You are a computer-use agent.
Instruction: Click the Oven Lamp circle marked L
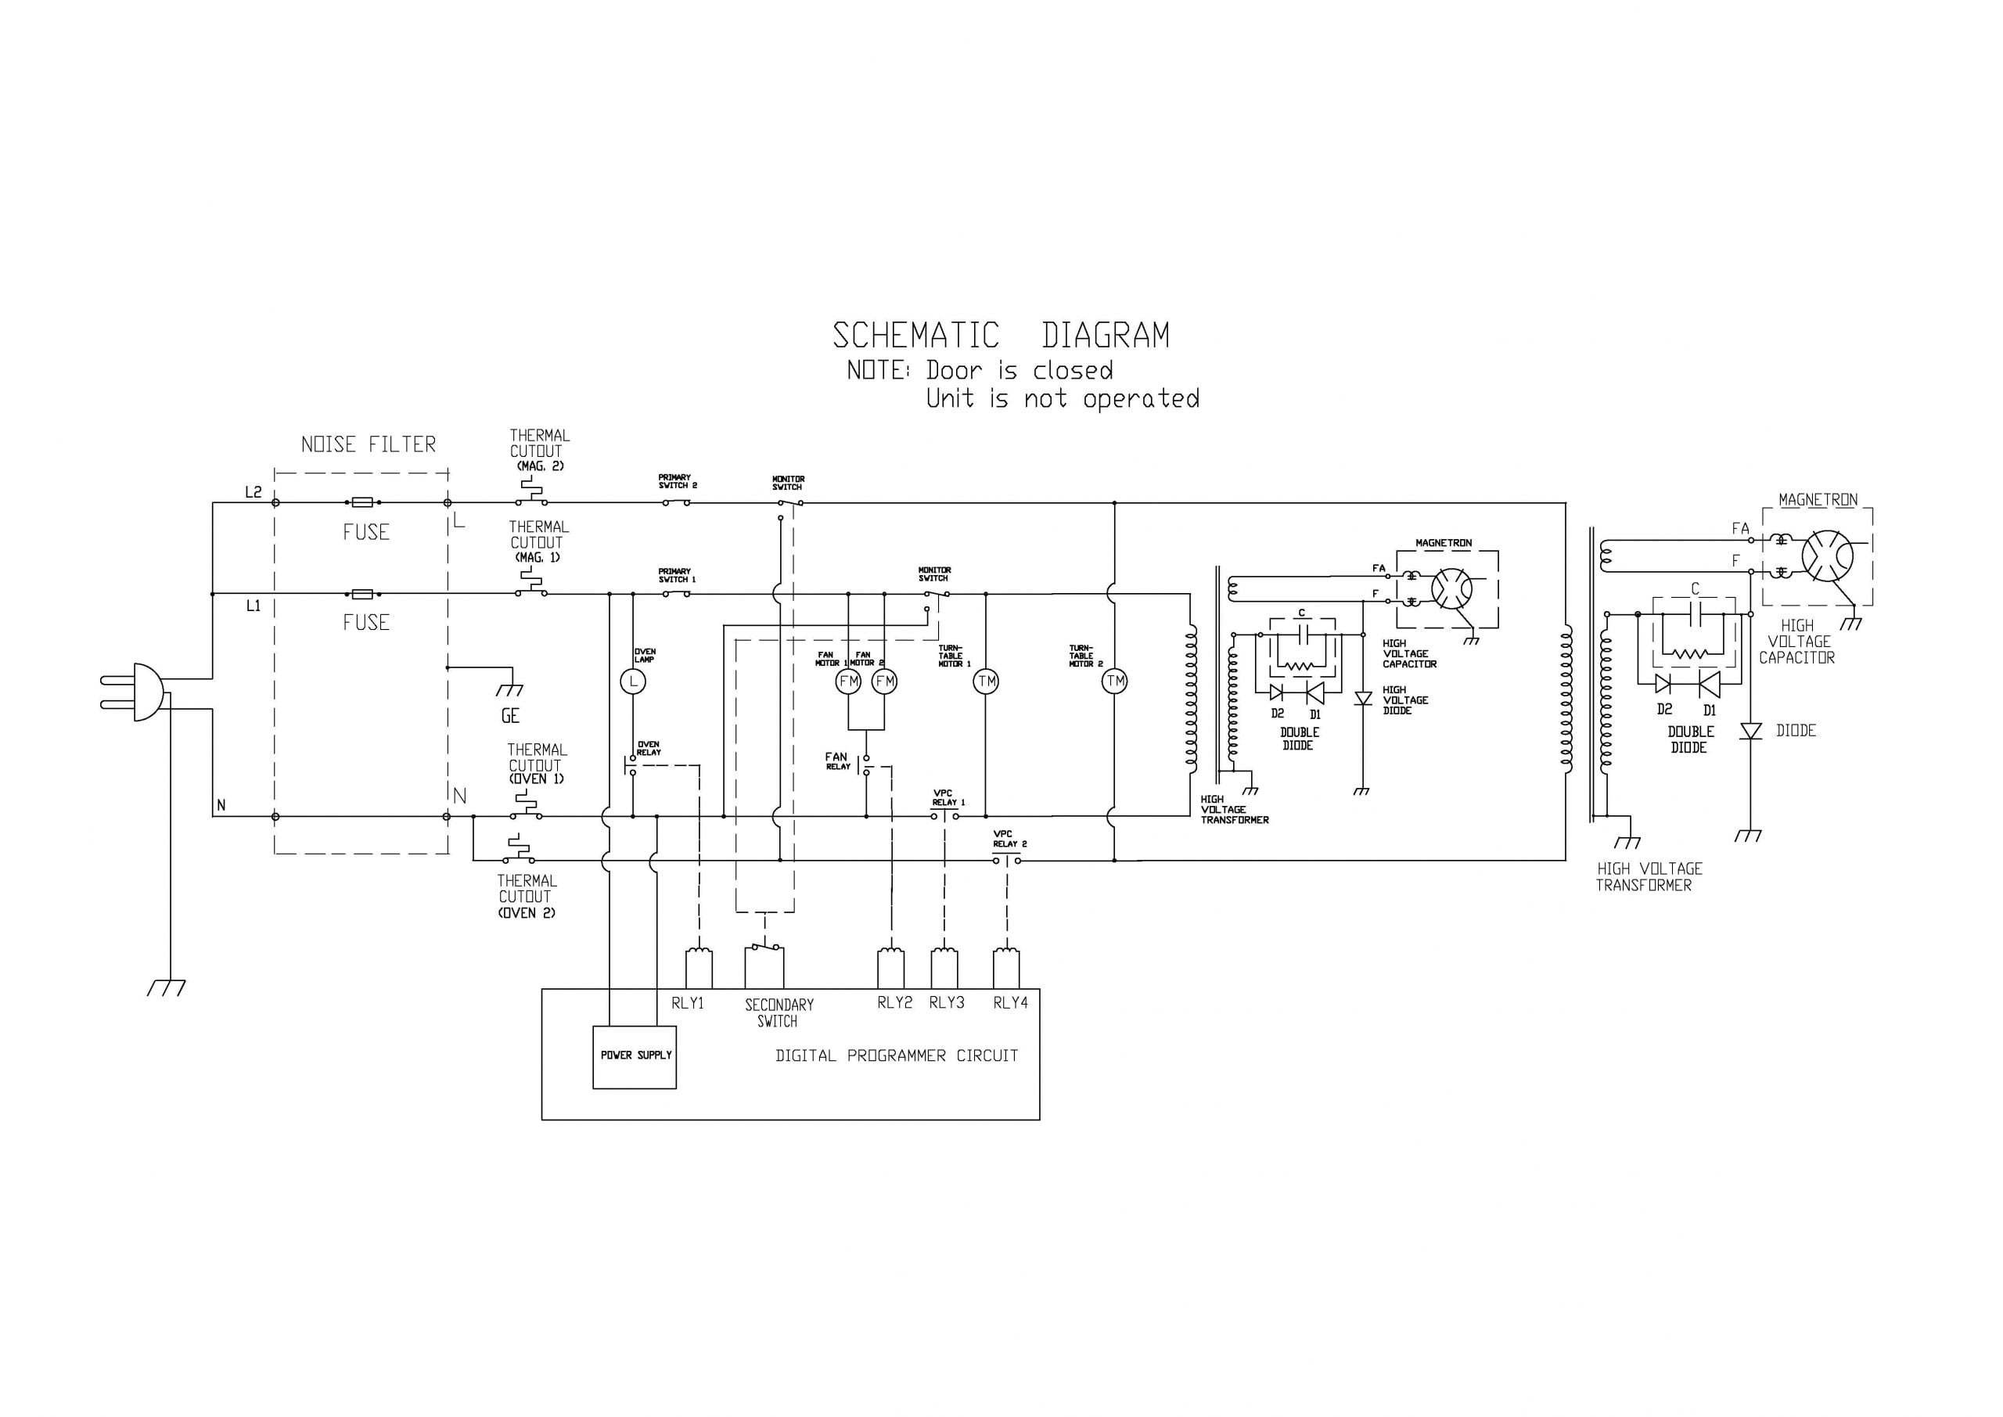[632, 681]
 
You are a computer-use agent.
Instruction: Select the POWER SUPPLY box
[635, 1056]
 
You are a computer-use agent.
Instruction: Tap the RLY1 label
[688, 1003]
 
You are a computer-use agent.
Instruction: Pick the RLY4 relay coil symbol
[1006, 968]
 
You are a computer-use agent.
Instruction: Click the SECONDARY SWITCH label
[779, 1013]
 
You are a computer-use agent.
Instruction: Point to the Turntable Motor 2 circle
[1115, 681]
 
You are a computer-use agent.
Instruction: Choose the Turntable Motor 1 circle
[986, 681]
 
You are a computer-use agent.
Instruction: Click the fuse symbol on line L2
[362, 502]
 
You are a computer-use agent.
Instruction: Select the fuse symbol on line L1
[362, 594]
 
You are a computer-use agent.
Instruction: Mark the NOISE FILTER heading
[369, 445]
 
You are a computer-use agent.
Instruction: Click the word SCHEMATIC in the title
[915, 336]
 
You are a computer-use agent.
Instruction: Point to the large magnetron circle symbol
[1827, 555]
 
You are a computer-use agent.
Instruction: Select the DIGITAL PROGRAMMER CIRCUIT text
[897, 1056]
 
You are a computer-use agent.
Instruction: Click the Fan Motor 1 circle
[848, 681]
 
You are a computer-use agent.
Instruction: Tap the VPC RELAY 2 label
[1009, 840]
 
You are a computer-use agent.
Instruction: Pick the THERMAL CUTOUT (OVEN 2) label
[526, 897]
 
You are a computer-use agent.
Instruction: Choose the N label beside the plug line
[221, 805]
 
